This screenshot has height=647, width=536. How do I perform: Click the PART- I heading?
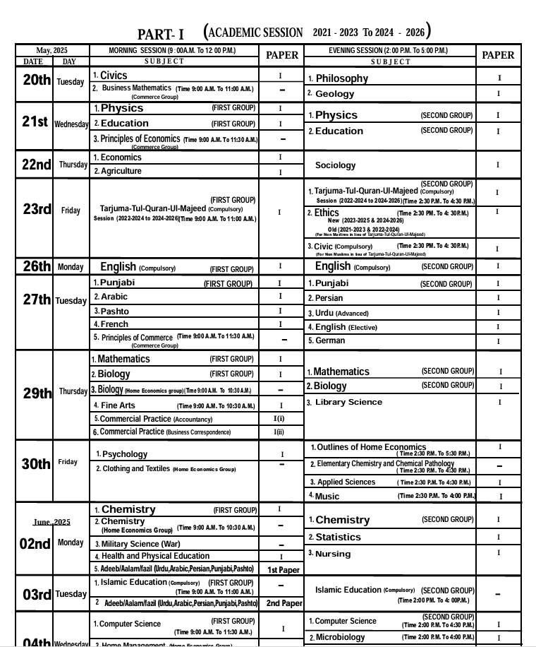[161, 35]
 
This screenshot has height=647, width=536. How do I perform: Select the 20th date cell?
[36, 80]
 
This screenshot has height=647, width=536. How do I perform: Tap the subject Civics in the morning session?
[114, 75]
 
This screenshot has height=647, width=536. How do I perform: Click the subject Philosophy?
[341, 78]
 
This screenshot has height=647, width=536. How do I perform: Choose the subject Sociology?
[335, 165]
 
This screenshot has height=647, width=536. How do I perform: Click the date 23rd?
[37, 209]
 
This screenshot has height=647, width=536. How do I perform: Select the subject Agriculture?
[121, 171]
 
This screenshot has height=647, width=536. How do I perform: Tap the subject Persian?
[329, 298]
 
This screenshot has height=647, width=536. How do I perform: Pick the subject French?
[114, 324]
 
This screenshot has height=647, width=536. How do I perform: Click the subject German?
[330, 340]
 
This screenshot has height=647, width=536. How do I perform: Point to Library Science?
[348, 402]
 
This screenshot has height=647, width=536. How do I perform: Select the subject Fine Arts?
[118, 405]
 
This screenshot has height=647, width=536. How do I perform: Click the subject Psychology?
[125, 454]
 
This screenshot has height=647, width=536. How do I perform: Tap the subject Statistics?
[338, 537]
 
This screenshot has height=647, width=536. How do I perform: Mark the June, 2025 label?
[51, 522]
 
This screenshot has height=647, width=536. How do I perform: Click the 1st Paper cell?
[283, 569]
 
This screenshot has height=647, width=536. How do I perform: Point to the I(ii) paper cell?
[279, 432]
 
